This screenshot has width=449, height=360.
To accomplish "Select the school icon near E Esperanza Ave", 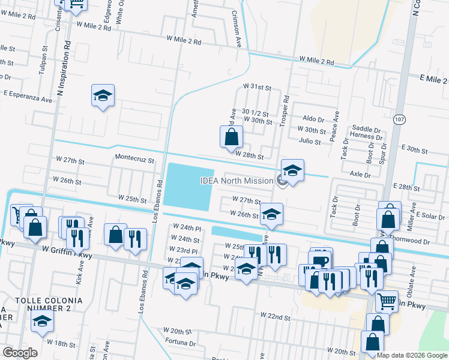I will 103,95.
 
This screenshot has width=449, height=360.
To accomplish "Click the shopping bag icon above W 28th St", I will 231,137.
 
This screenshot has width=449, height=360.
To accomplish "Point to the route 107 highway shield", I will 399,120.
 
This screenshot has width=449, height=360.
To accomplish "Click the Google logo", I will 20,353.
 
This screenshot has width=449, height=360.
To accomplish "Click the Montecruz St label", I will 135,161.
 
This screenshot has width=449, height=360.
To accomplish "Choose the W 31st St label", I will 258,87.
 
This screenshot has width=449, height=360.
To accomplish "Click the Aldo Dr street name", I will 313,119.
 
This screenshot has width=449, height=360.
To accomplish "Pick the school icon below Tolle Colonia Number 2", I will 42,323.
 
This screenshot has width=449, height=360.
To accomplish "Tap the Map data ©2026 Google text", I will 412,355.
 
